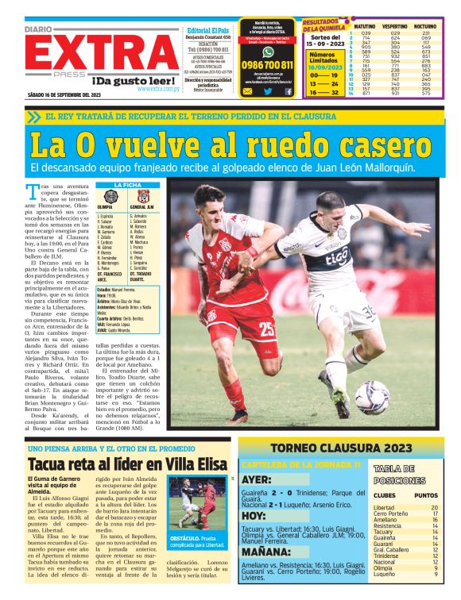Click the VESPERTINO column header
pyautogui.click(x=394, y=26)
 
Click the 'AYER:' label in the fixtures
pyautogui.click(x=258, y=479)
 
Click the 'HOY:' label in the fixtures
pyautogui.click(x=254, y=514)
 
